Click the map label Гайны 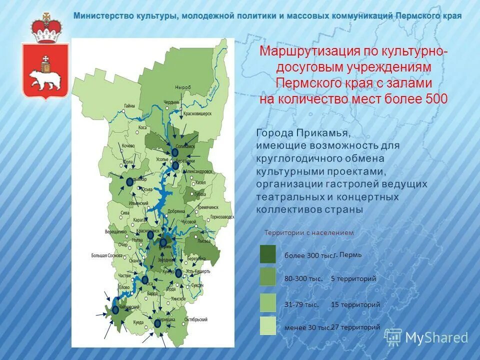(x=129, y=105)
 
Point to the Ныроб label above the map (x=182, y=87)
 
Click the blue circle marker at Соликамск (x=175, y=152)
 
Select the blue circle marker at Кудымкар (x=129, y=182)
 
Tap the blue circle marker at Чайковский (x=115, y=310)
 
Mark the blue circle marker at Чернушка (x=157, y=323)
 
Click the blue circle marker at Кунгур (x=178, y=273)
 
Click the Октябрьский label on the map (x=196, y=319)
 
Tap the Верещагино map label (x=115, y=232)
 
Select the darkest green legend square (x=267, y=254)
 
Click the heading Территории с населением (x=308, y=232)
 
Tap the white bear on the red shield (x=45, y=79)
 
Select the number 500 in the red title (x=436, y=98)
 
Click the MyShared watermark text (x=436, y=338)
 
